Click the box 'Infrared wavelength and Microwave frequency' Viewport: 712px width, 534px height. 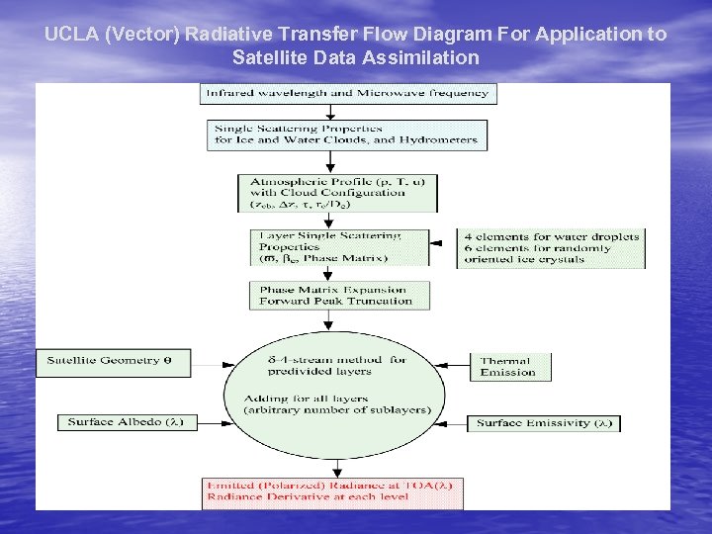[348, 93]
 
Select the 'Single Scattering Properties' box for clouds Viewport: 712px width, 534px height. [347, 134]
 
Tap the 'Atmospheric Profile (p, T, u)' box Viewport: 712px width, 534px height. [337, 193]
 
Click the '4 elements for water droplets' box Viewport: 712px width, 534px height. [550, 248]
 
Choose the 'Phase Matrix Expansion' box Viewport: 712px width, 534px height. [339, 295]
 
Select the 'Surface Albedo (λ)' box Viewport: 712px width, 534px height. [127, 422]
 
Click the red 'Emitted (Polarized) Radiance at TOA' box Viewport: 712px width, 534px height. [333, 492]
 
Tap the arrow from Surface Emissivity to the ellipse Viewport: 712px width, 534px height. [452, 423]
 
